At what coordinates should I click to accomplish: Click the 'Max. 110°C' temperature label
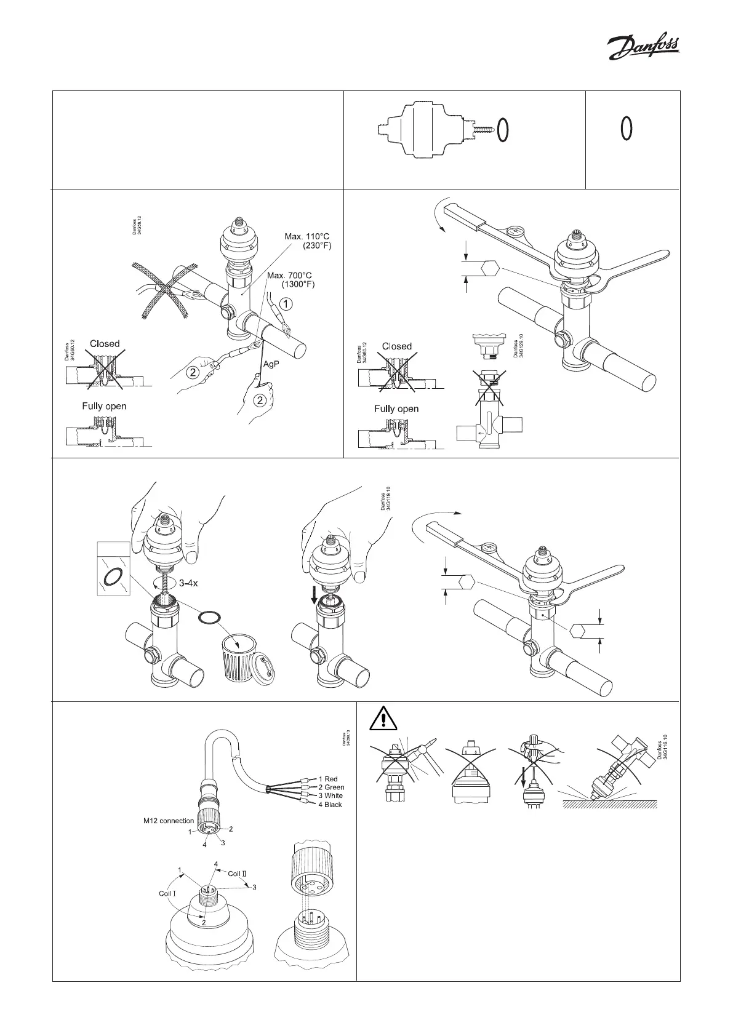[x=311, y=236]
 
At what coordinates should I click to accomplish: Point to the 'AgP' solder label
[x=271, y=364]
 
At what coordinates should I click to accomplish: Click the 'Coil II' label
[x=237, y=874]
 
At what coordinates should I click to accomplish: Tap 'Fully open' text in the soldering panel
[x=104, y=406]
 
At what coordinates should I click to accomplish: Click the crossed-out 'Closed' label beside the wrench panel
[x=396, y=346]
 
